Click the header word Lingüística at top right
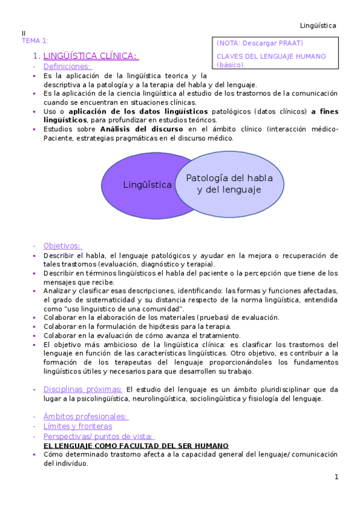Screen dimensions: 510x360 pyautogui.click(x=318, y=25)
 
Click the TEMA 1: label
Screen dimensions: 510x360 pyautogui.click(x=35, y=40)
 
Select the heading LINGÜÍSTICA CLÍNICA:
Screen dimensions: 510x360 pyautogui.click(x=91, y=56)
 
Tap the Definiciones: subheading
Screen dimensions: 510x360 pyautogui.click(x=67, y=67)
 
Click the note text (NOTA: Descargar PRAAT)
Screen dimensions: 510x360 pyautogui.click(x=260, y=43)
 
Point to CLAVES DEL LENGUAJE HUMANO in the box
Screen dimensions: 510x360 pyautogui.click(x=271, y=57)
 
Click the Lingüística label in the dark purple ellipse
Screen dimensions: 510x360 pyautogui.click(x=147, y=185)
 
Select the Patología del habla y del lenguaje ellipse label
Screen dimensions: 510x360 pyautogui.click(x=229, y=184)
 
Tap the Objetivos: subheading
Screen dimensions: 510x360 pyautogui.click(x=63, y=245)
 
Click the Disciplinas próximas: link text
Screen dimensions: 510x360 pyautogui.click(x=83, y=389)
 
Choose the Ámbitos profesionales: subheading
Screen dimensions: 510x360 pyautogui.click(x=86, y=416)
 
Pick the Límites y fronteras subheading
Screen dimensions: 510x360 pyautogui.click(x=78, y=426)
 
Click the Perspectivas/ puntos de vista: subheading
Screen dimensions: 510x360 pyautogui.click(x=99, y=436)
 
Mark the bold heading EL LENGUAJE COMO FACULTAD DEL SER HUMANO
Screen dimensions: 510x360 pyautogui.click(x=136, y=446)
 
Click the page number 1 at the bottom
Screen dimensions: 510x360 pyautogui.click(x=337, y=477)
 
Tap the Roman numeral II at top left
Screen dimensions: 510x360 pyautogui.click(x=24, y=33)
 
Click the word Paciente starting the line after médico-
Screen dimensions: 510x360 pyautogui.click(x=58, y=138)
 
